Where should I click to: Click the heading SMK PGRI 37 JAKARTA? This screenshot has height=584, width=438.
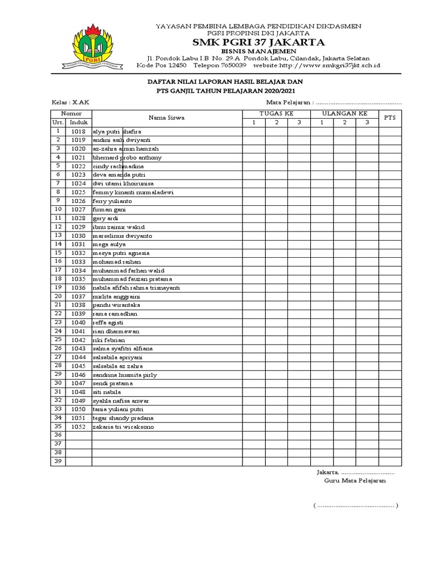258,42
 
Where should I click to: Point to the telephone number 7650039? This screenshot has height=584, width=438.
232,66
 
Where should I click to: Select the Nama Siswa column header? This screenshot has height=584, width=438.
167,118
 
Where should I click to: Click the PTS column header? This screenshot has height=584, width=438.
390,118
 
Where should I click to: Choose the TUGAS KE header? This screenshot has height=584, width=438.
276,114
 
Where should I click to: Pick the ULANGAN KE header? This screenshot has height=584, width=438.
344,114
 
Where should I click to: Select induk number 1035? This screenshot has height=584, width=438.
78,279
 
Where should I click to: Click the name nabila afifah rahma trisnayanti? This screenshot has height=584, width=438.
136,288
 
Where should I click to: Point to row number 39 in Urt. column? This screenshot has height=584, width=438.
58,461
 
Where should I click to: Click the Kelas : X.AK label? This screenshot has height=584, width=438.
70,102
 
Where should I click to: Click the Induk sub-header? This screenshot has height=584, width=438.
78,123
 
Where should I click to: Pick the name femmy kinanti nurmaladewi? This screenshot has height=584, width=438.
133,192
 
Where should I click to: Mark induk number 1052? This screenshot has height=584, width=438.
78,427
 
